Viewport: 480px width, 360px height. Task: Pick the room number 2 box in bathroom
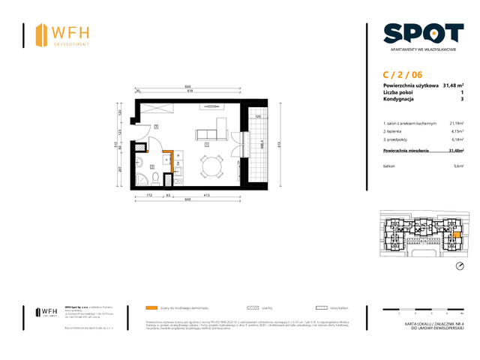coord(151,167)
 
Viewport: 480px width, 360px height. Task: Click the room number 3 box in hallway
coord(156,127)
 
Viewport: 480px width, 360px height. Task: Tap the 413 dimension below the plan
coord(205,196)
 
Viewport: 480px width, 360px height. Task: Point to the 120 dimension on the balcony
coord(257,117)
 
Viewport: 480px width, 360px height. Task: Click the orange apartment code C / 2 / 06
coord(402,74)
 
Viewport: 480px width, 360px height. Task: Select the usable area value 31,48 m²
coord(452,85)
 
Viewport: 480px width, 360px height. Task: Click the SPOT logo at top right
coord(422,33)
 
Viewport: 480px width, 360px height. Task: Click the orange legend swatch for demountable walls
coord(152,307)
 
